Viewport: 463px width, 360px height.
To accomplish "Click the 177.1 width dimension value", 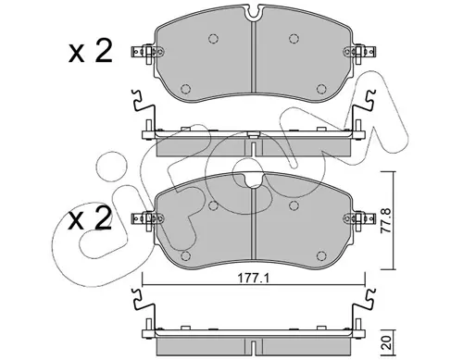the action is tap(254, 279).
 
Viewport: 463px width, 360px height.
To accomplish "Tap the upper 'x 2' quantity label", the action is tap(90, 53).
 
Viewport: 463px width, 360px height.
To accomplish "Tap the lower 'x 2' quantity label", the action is tap(90, 218).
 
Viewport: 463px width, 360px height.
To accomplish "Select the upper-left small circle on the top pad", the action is tap(213, 39).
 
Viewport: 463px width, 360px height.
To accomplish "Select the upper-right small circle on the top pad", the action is tap(294, 39).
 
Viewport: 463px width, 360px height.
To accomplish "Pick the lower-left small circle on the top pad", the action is tap(185, 89).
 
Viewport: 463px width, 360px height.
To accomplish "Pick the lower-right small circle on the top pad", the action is tap(321, 89).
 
